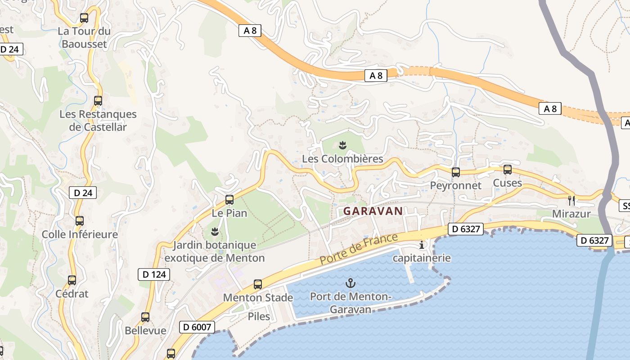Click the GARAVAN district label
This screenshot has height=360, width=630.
point(373,211)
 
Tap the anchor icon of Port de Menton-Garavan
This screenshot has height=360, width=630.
point(350,283)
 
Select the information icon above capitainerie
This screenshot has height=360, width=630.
point(422,245)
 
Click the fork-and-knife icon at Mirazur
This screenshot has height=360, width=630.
point(571,200)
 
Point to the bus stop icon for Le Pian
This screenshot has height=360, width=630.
point(229,199)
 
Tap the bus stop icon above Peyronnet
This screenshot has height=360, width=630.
point(455,172)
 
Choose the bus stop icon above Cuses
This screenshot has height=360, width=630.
point(508,170)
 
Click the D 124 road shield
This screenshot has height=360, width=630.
point(154,274)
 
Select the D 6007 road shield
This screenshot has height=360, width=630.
point(197,327)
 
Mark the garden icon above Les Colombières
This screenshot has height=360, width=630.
point(342,145)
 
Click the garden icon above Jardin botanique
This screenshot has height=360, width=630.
point(215,232)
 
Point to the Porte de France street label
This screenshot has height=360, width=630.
point(359,249)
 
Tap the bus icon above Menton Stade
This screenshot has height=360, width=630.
point(258,284)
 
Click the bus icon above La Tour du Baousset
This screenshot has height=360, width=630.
point(84,18)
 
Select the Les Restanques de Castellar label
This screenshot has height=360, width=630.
point(98,121)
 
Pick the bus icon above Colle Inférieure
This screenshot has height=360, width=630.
point(80,221)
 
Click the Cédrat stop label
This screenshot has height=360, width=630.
point(72,294)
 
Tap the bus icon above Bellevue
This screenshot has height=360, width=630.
point(145,317)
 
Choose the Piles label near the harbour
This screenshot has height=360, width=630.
point(259,316)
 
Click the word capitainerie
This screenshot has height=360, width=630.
point(422,258)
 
